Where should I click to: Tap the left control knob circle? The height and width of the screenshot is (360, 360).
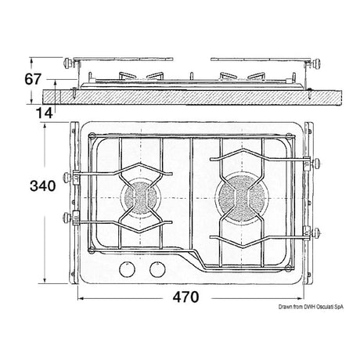tap(125, 272)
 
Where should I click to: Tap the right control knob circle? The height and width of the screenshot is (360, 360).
tap(153, 272)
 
